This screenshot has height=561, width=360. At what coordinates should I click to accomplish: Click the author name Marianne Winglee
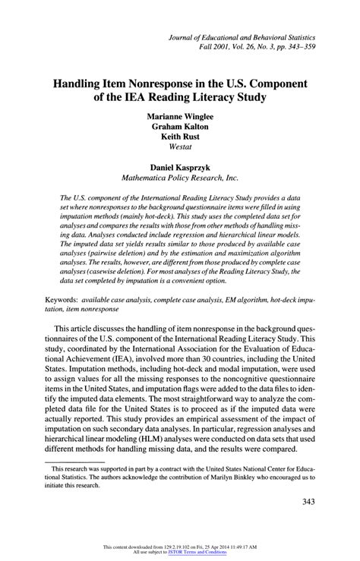tap(179, 117)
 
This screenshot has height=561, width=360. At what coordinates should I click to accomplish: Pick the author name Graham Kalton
tap(179, 128)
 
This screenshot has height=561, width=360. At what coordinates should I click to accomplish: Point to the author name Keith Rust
tap(179, 139)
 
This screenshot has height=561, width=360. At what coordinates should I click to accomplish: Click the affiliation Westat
tap(179, 150)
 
